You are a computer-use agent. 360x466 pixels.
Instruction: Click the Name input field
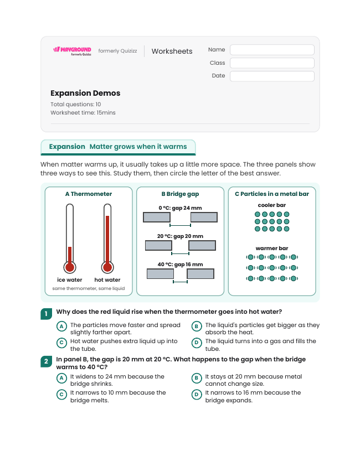pos(272,50)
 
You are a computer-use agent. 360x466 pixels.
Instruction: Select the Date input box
pos(272,76)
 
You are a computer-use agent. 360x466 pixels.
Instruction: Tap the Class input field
pos(272,63)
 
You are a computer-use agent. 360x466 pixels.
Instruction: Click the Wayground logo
pos(73,51)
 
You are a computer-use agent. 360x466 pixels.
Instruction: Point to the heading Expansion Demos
pos(85,93)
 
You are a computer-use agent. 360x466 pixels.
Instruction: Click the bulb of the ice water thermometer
pos(70,267)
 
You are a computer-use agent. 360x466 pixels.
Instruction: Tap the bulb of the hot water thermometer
pos(107,267)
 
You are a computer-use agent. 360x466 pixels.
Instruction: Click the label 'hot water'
pos(107,279)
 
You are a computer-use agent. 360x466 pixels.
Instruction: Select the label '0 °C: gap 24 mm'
pos(181,208)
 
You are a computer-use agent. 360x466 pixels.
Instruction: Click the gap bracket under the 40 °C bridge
pos(181,282)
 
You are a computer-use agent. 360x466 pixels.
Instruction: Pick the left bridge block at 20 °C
pos(158,246)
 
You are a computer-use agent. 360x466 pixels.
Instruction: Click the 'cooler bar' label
pos(272,205)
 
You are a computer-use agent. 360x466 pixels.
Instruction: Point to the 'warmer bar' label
pos(272,248)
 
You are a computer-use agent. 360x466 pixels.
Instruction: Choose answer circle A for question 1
pos(61,327)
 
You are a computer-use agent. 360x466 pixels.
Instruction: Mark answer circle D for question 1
pos(197,343)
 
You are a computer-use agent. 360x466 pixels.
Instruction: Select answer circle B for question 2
pos(197,378)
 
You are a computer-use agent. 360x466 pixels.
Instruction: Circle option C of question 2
pos(61,395)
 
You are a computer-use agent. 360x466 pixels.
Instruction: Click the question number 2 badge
pos(46,361)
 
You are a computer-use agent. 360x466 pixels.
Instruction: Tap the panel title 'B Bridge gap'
pos(181,194)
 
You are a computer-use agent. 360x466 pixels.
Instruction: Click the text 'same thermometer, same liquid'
pos(89,288)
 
